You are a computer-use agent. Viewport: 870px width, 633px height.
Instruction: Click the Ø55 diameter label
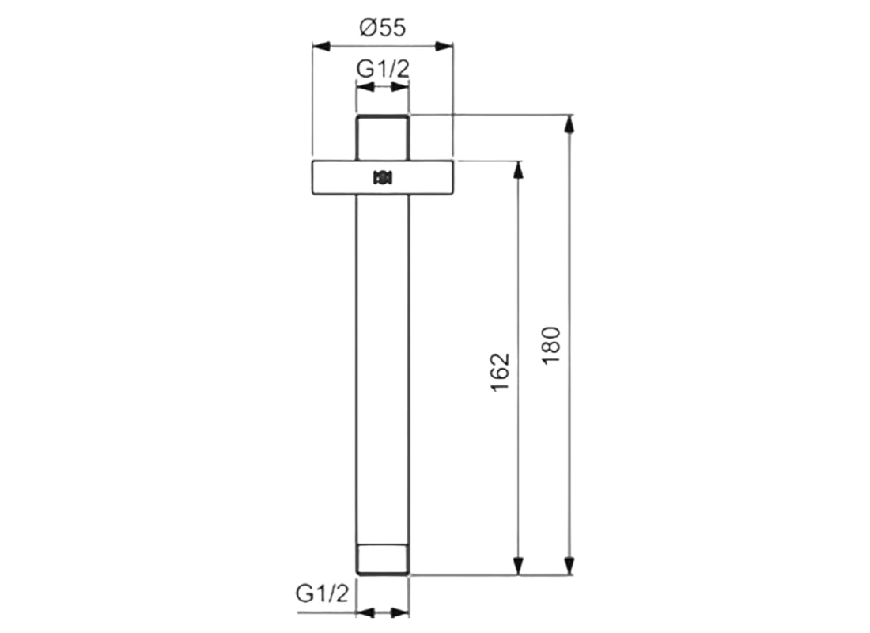click(x=382, y=28)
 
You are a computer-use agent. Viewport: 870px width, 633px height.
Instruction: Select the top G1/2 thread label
click(x=383, y=69)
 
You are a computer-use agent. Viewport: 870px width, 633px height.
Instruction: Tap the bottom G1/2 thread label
click(x=322, y=593)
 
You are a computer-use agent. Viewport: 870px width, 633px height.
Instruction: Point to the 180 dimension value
click(x=551, y=345)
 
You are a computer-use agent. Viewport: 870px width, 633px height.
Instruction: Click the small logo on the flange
click(x=383, y=178)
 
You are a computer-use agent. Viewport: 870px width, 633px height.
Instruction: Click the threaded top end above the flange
click(x=383, y=136)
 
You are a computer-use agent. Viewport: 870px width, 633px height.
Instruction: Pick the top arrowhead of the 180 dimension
click(x=569, y=123)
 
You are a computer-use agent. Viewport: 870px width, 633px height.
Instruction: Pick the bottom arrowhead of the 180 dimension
click(x=569, y=566)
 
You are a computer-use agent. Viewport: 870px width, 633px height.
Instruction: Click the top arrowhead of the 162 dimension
click(x=519, y=169)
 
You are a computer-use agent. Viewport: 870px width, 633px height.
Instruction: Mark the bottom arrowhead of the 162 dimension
click(x=519, y=566)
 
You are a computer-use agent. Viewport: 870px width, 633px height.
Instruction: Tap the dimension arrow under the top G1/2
click(x=383, y=89)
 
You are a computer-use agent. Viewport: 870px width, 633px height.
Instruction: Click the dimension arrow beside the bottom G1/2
click(x=383, y=612)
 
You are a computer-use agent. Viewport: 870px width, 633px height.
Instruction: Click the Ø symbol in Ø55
click(x=365, y=28)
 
